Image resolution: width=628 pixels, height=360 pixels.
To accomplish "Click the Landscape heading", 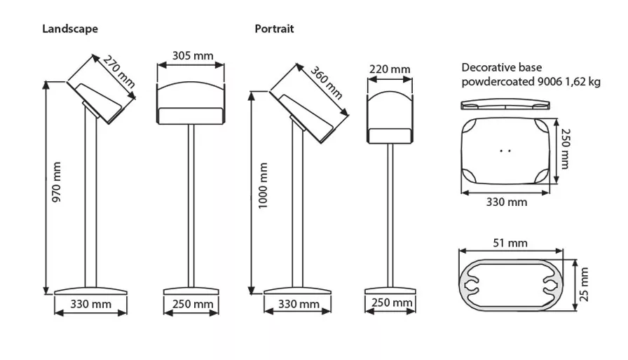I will click(70, 29).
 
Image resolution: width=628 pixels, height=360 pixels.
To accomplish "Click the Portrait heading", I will click(274, 29).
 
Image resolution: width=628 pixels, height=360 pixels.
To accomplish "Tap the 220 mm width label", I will click(390, 69).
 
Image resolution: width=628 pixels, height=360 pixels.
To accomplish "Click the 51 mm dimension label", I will click(510, 243).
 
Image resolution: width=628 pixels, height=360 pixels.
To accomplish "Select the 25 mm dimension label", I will click(585, 283).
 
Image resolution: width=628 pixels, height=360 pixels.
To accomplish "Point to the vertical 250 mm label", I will click(566, 148).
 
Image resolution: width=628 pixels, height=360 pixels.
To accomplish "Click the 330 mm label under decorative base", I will click(507, 202).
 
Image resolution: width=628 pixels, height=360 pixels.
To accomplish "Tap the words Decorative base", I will click(497, 67).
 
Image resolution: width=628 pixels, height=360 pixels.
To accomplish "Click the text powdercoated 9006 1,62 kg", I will click(531, 81).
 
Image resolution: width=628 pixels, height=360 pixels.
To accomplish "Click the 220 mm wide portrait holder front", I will click(390, 112).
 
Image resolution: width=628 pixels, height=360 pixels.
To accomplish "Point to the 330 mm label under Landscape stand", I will click(91, 304).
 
